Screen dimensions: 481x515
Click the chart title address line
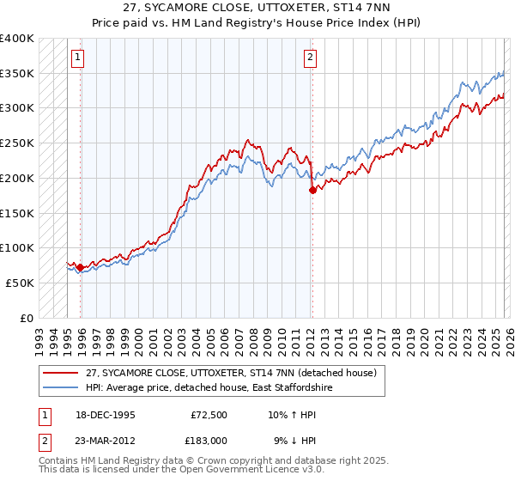pyautogui.click(x=257, y=8)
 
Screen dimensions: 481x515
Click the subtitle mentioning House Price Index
pyautogui.click(x=257, y=22)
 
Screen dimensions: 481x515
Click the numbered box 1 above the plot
pyautogui.click(x=77, y=58)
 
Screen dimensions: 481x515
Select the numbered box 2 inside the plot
pyautogui.click(x=310, y=58)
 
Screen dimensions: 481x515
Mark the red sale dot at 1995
pyautogui.click(x=80, y=267)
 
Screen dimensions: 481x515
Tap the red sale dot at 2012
pyautogui.click(x=312, y=190)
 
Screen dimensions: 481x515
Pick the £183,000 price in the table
pyautogui.click(x=207, y=440)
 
